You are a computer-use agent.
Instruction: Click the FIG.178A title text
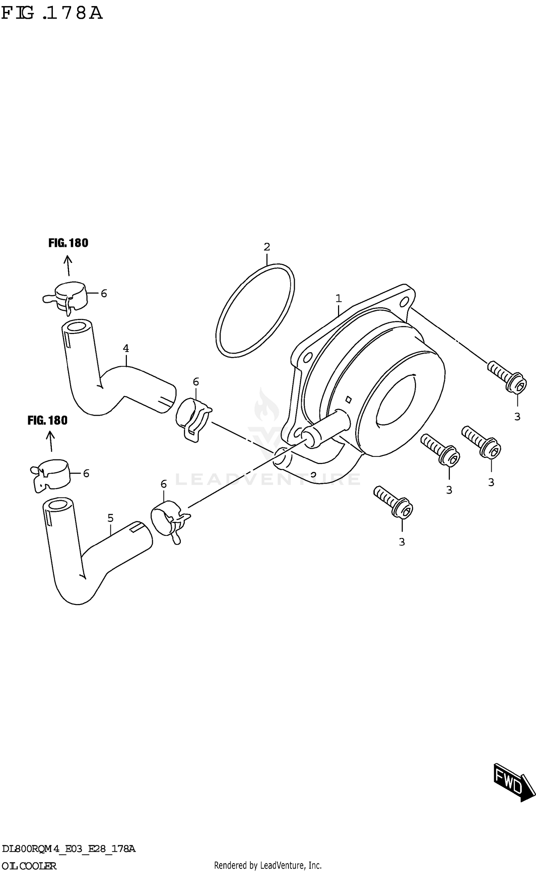52,13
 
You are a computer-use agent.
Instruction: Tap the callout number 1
338,298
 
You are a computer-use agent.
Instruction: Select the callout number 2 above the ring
267,247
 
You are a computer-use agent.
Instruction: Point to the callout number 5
110,518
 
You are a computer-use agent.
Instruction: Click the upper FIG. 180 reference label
68,243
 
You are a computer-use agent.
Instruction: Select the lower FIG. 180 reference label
48,420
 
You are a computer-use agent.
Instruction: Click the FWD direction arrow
514,785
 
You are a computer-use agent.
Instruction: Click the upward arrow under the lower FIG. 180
50,442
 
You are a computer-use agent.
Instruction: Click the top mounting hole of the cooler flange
405,302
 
